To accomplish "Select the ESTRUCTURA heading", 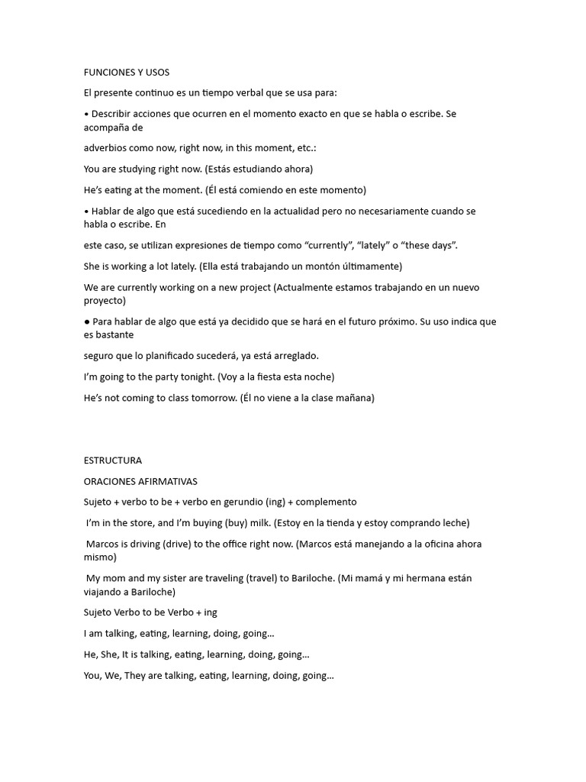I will tap(113, 460).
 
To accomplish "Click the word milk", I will tap(253, 523).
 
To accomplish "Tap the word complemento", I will tap(326, 502).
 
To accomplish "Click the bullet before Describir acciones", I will tap(86, 114).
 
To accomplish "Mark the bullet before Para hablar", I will tap(87, 322).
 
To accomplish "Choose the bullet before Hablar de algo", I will tap(86, 212).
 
